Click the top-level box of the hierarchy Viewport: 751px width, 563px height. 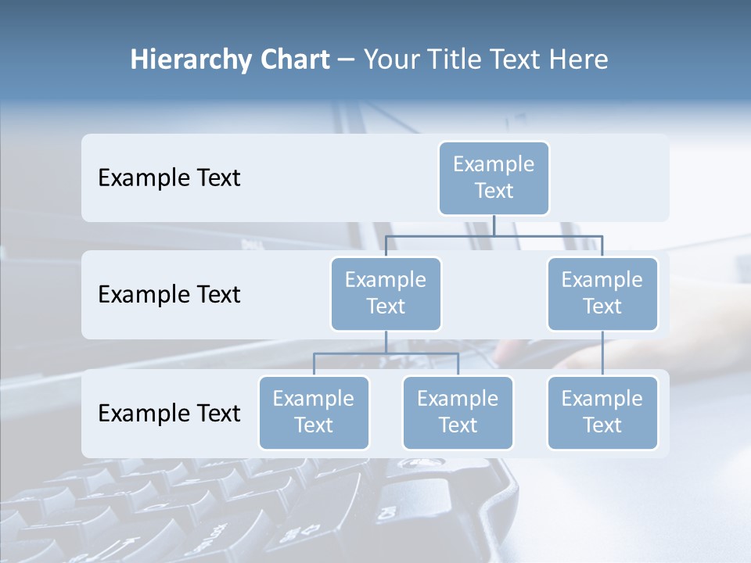tap(494, 178)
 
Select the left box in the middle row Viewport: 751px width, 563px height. tap(386, 293)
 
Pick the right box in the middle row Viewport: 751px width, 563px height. tap(602, 293)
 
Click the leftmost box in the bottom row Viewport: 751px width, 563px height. tap(314, 412)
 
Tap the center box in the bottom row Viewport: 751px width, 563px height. tap(458, 412)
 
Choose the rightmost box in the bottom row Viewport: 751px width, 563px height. tap(602, 412)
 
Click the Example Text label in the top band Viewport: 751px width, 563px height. tap(169, 178)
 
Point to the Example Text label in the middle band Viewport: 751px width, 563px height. tap(169, 295)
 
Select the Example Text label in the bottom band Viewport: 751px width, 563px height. tap(169, 413)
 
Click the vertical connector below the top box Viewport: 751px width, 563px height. tap(494, 225)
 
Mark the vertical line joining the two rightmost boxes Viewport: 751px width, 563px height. tap(602, 353)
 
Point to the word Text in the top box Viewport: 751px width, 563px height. tap(494, 191)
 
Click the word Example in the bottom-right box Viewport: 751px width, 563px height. tap(602, 399)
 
